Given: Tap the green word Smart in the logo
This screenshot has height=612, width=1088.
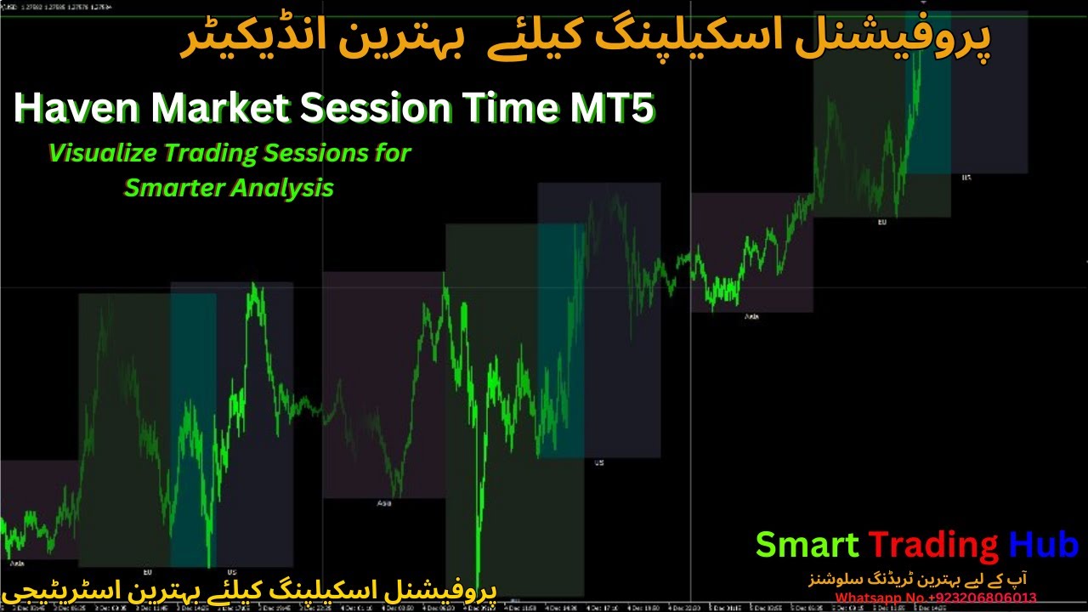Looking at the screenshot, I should pos(807,545).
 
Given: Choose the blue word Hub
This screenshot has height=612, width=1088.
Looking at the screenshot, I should pos(1044,545).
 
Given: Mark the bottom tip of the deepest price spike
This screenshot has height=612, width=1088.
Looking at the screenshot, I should pos(478,586).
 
